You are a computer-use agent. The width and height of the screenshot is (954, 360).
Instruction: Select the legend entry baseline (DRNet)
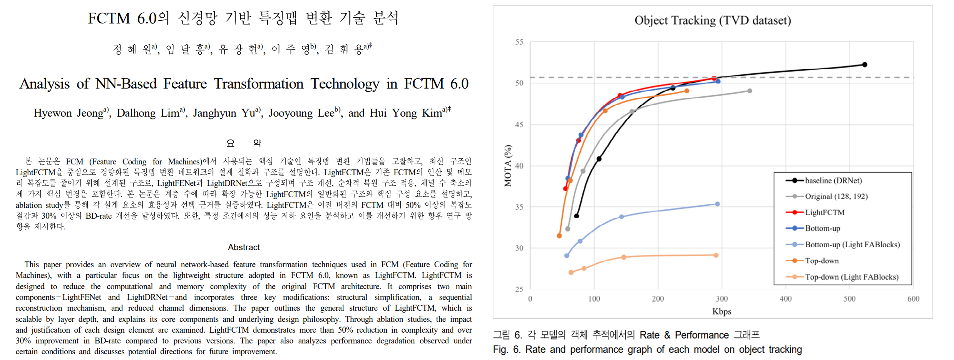coord(833,181)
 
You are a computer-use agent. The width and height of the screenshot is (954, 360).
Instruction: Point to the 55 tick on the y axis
coord(519,42)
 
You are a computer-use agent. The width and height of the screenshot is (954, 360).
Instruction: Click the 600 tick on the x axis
coord(913,299)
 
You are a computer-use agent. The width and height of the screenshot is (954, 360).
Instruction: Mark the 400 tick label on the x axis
coord(786,299)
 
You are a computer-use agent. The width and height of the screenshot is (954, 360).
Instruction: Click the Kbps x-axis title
coord(721,311)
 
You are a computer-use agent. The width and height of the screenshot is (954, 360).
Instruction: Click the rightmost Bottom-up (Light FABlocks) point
coord(717,204)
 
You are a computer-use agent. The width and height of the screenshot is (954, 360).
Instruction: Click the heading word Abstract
coord(244,247)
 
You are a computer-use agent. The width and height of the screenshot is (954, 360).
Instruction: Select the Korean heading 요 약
coord(244,143)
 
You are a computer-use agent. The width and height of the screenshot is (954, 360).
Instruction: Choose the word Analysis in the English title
coord(44,84)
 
